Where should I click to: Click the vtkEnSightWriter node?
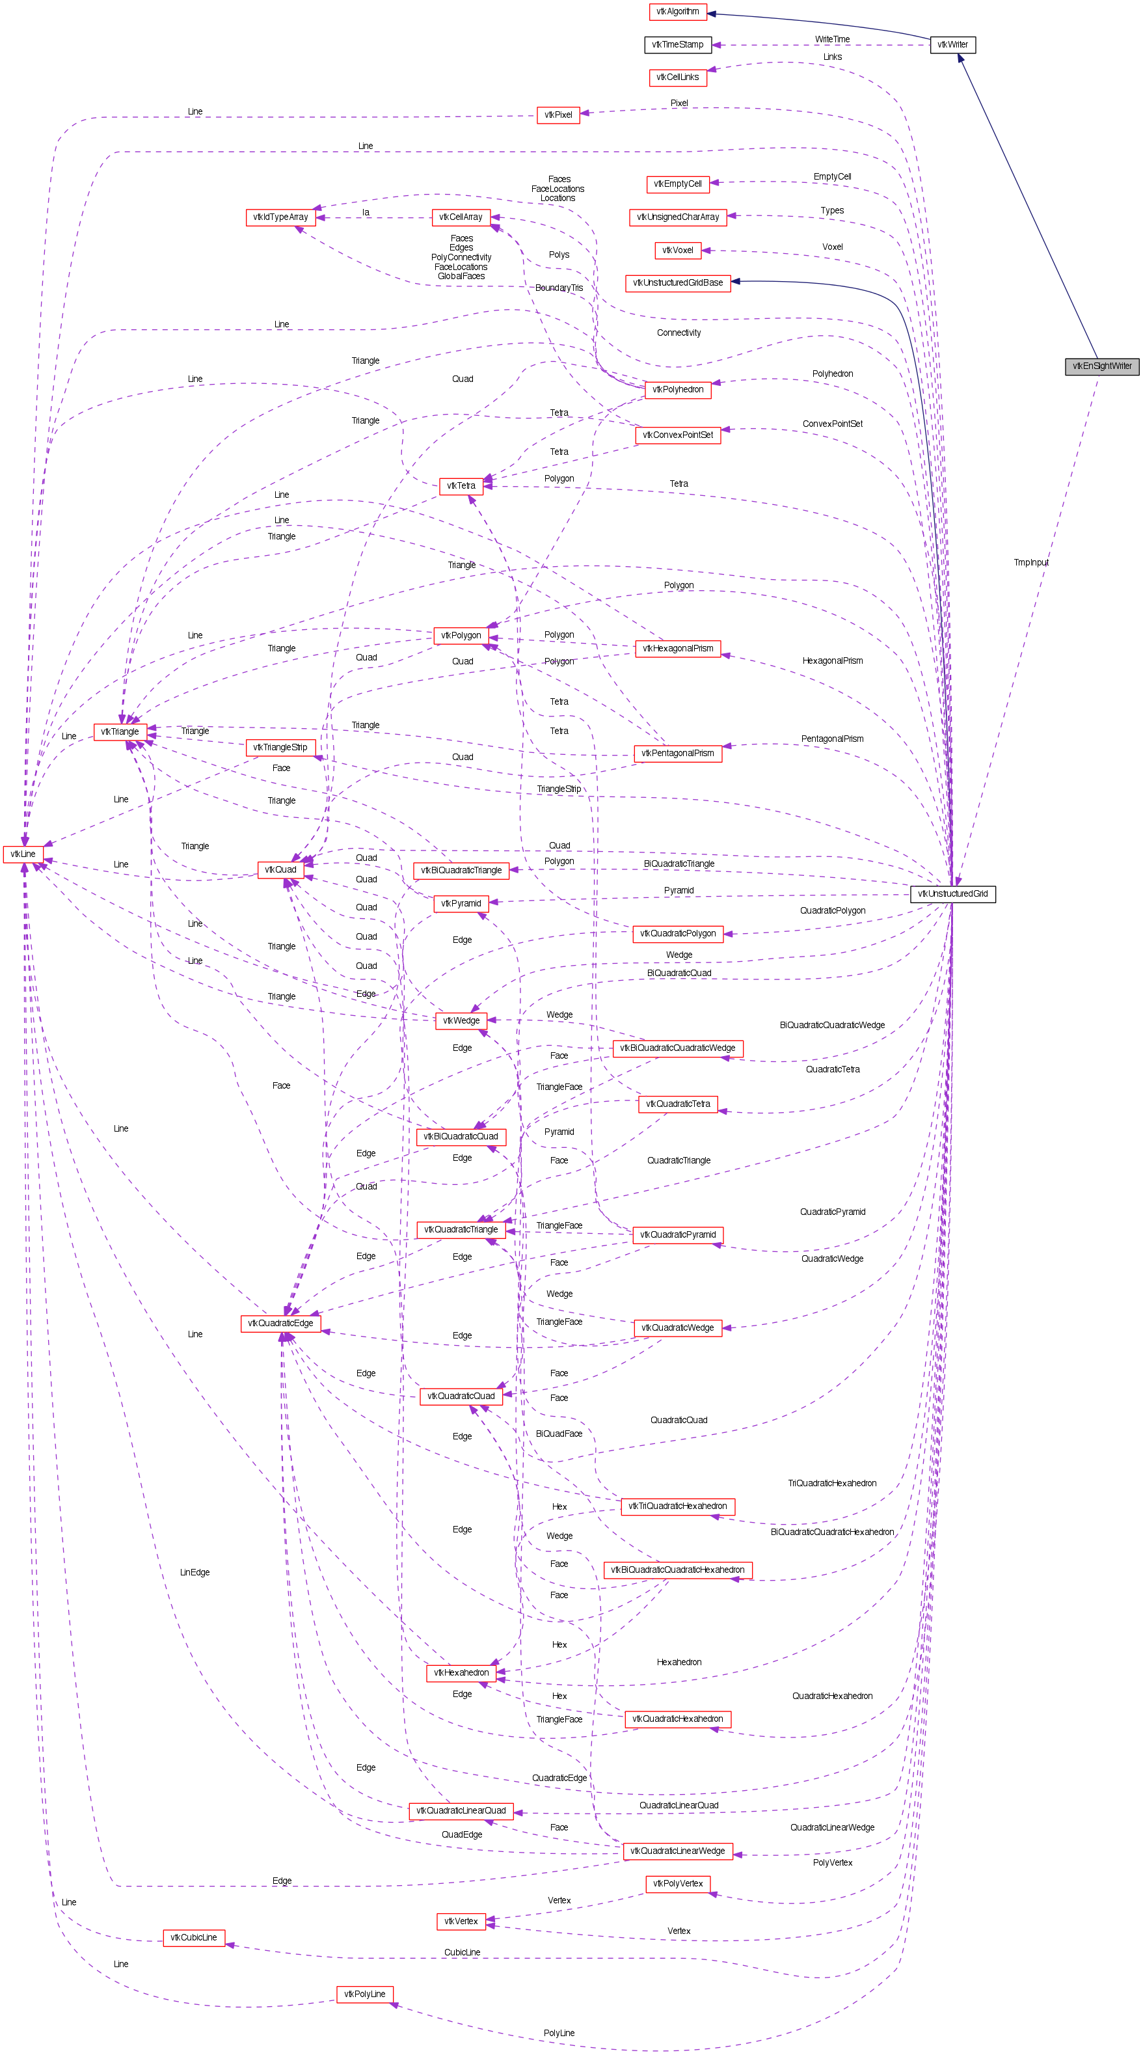(1101, 366)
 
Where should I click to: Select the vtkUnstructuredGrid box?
(952, 893)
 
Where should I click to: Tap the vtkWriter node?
(952, 45)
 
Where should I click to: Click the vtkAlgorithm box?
(677, 12)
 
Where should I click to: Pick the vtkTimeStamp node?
(677, 45)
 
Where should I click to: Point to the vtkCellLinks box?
(677, 77)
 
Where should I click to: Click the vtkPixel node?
(558, 115)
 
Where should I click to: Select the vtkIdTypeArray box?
(280, 217)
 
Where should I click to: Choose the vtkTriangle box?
(120, 731)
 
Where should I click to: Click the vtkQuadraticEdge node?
(280, 1324)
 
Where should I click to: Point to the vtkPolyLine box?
(364, 1994)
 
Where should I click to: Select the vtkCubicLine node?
(194, 1937)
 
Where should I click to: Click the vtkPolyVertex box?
(677, 1883)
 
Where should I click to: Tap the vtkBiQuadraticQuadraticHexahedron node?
(677, 1570)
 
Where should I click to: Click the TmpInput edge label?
(1030, 562)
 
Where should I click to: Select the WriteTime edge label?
(832, 39)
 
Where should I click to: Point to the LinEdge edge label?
(195, 1572)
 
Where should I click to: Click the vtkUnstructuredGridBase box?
(677, 282)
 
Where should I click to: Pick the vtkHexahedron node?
(461, 1673)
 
